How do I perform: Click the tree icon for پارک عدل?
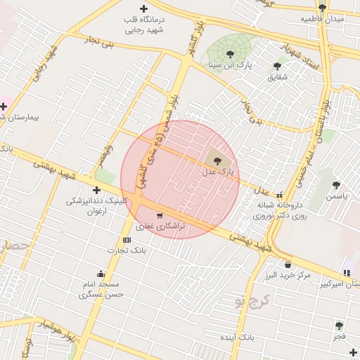pos(216,161)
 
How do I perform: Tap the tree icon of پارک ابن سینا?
pos(230,54)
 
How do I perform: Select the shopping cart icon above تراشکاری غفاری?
pos(160,216)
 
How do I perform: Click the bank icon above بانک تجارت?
pos(127,240)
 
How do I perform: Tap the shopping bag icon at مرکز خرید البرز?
pos(288,264)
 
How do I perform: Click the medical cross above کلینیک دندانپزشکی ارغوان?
pos(96,190)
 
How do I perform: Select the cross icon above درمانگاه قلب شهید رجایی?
pos(144,9)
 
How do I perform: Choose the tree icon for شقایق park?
pos(277,66)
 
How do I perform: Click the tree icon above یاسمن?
pos(336,186)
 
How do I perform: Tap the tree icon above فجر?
pos(339,326)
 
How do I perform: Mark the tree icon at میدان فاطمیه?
pos(322,8)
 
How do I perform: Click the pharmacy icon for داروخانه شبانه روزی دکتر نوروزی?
pos(280,195)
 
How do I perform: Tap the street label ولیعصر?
pos(105,154)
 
